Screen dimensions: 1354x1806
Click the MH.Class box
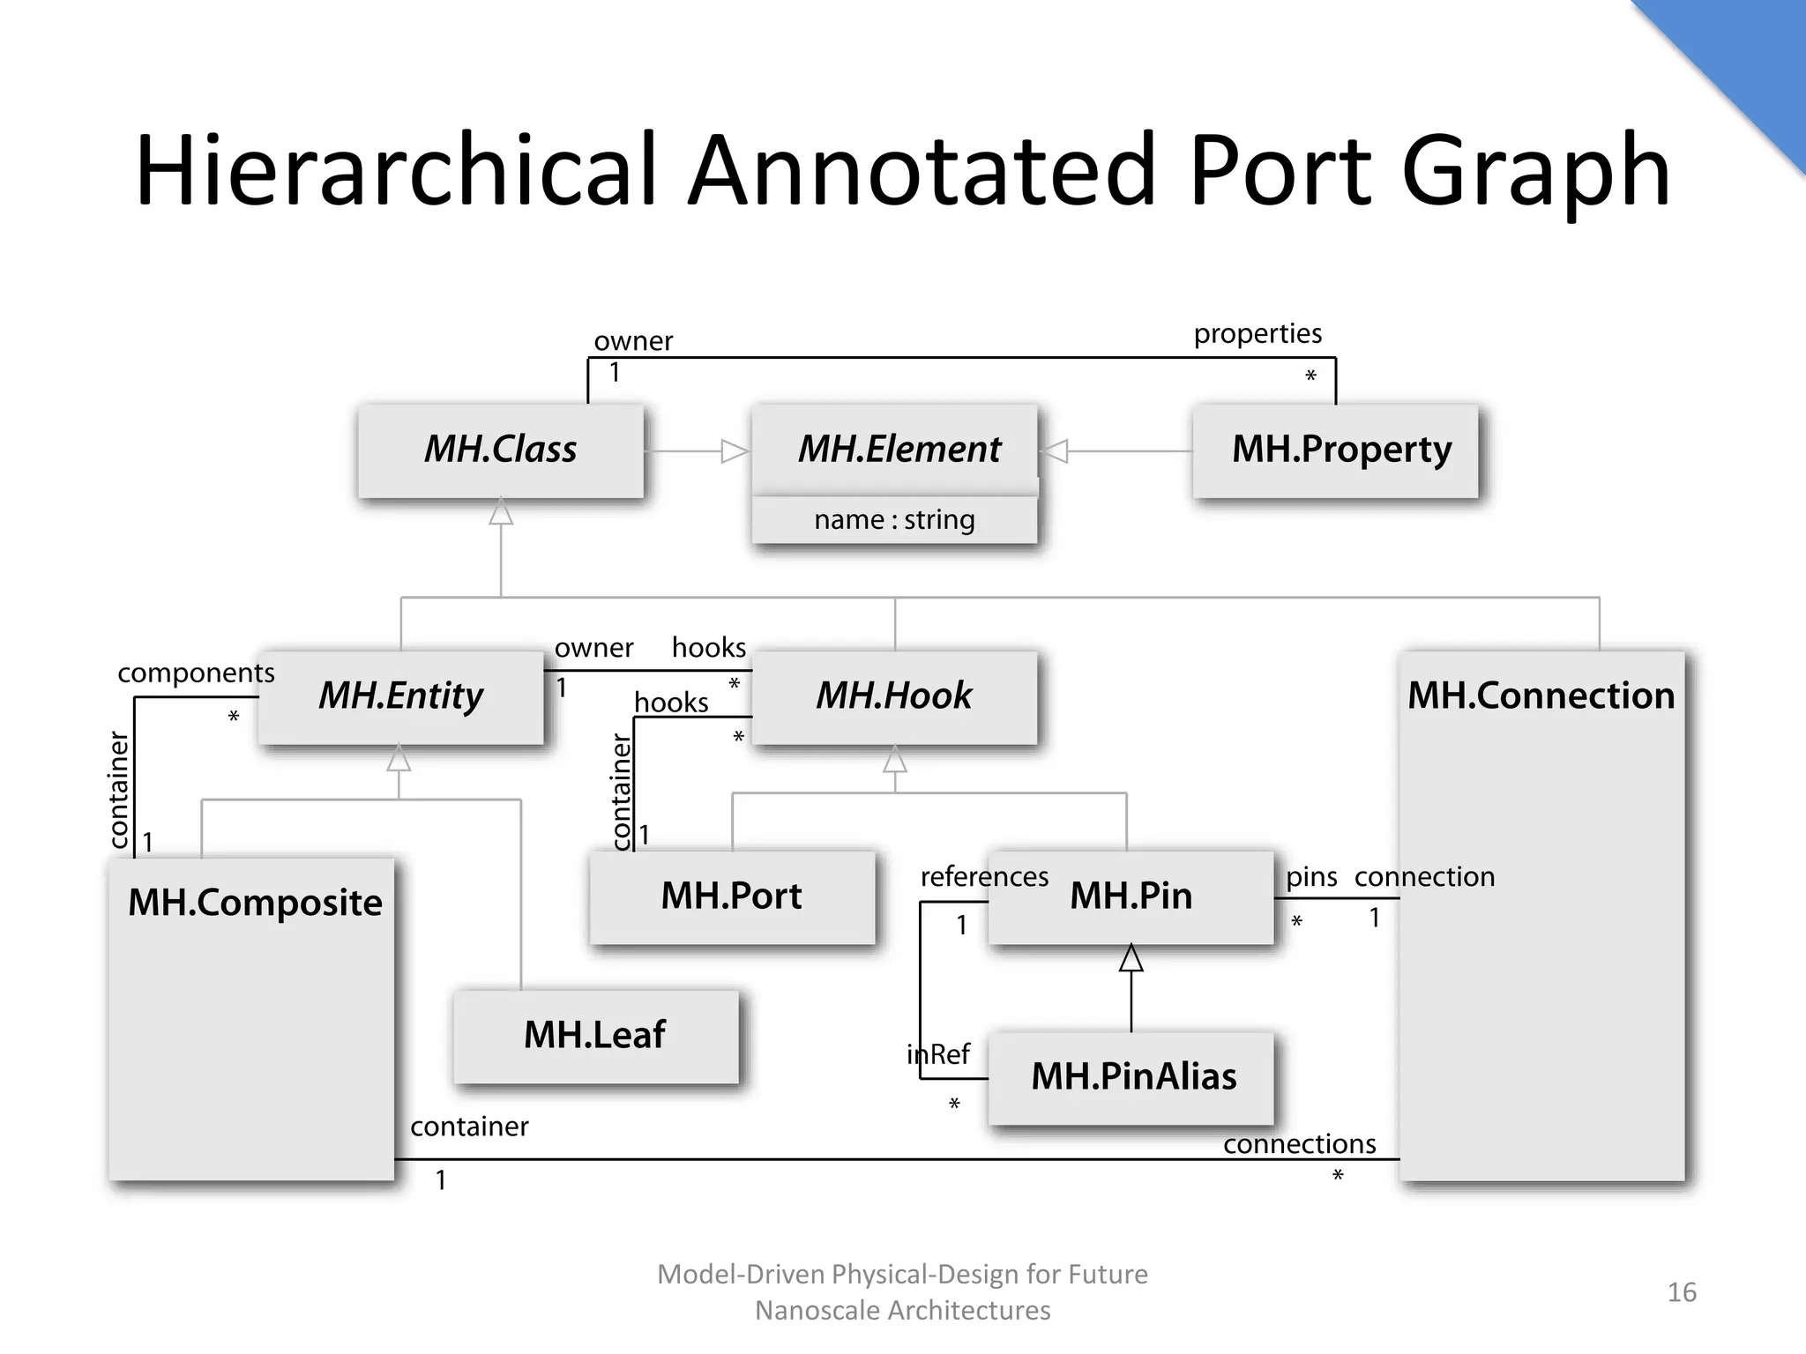click(501, 450)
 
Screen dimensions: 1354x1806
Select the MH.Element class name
click(899, 449)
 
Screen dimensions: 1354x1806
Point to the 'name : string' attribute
click(894, 520)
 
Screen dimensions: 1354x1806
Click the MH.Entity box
click(401, 696)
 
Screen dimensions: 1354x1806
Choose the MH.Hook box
click(894, 696)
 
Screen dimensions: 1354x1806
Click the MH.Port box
click(732, 896)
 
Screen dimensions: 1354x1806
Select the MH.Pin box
click(1131, 896)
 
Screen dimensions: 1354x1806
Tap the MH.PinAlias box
click(1133, 1077)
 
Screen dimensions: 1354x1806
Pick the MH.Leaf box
click(595, 1036)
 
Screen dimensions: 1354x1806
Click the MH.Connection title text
click(1541, 696)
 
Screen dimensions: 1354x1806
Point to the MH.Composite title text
click(255, 903)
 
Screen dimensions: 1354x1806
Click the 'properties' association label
click(1257, 333)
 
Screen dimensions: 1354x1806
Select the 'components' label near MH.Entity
click(196, 673)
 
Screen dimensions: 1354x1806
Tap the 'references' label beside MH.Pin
click(984, 877)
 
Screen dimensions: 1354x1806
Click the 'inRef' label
click(938, 1054)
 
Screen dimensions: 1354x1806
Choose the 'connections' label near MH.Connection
click(1299, 1144)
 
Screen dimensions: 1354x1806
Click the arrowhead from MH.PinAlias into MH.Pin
click(1131, 958)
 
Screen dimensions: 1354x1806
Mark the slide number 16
click(1682, 1292)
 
